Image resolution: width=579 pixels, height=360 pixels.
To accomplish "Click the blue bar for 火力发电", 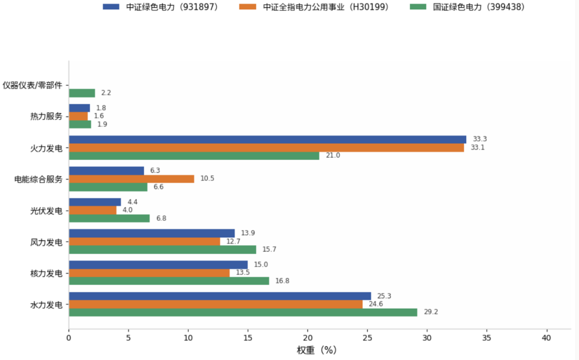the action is click(267, 139).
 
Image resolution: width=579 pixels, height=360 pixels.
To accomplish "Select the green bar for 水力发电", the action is click(243, 312).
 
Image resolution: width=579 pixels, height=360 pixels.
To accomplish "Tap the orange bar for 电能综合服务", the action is click(132, 179).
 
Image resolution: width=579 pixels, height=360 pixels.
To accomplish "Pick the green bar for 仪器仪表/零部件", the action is click(82, 93).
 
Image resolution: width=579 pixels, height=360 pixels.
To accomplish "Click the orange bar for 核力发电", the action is click(149, 273).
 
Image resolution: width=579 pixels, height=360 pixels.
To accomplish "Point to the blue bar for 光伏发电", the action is click(95, 202).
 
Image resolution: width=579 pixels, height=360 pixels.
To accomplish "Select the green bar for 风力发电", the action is click(163, 250).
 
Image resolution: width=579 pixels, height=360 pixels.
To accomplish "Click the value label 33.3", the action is click(480, 139).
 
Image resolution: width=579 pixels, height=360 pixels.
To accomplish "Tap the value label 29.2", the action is click(431, 312).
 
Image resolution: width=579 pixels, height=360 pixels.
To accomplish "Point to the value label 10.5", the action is click(207, 179).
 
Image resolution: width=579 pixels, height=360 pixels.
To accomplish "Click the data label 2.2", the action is click(106, 93).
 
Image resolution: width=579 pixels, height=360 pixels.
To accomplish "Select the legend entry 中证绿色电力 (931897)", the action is click(160, 7).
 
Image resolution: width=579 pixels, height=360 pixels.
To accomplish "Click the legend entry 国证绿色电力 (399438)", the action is click(467, 7).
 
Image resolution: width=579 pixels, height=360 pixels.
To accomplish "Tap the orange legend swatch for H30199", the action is click(248, 7).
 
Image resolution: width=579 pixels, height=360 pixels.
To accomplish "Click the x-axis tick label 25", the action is click(367, 338).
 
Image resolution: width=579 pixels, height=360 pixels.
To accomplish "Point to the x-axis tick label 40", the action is click(546, 338).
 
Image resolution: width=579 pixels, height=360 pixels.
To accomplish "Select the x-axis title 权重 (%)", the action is click(317, 350).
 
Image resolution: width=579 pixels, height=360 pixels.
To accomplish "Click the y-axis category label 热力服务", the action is click(46, 116).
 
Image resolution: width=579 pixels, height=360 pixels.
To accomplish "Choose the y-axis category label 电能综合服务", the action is click(38, 179).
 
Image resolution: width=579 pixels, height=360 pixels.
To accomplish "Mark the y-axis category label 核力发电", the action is click(46, 274).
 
